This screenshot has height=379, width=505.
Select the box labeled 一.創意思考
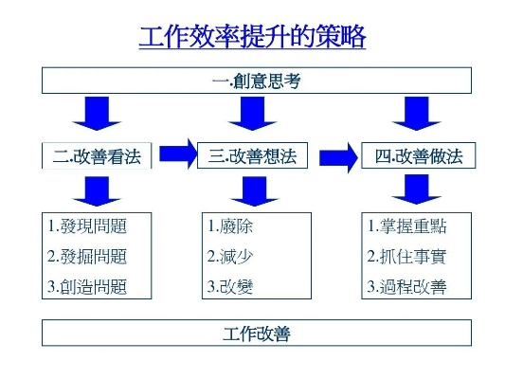[257, 81]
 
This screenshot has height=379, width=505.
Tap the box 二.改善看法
[97, 155]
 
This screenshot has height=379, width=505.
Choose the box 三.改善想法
[252, 155]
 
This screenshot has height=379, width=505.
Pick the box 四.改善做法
[419, 155]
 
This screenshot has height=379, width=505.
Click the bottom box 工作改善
[257, 333]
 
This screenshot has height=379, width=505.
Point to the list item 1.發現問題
[87, 226]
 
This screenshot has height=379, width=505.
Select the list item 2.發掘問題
[87, 257]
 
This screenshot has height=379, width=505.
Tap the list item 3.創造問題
[87, 286]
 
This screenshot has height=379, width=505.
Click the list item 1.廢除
[230, 226]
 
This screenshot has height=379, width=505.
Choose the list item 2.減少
[230, 257]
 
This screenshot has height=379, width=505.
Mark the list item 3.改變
[230, 286]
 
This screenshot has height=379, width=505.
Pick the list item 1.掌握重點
[406, 226]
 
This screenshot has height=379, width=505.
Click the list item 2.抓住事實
[406, 257]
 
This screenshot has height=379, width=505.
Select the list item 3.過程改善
[406, 286]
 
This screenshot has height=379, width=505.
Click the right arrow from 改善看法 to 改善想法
[178, 153]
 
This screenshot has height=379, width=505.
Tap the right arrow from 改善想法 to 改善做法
[338, 158]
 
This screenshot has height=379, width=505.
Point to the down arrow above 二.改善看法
[97, 114]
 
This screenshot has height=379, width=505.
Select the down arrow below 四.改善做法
[417, 189]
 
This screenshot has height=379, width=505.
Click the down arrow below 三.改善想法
[255, 191]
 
